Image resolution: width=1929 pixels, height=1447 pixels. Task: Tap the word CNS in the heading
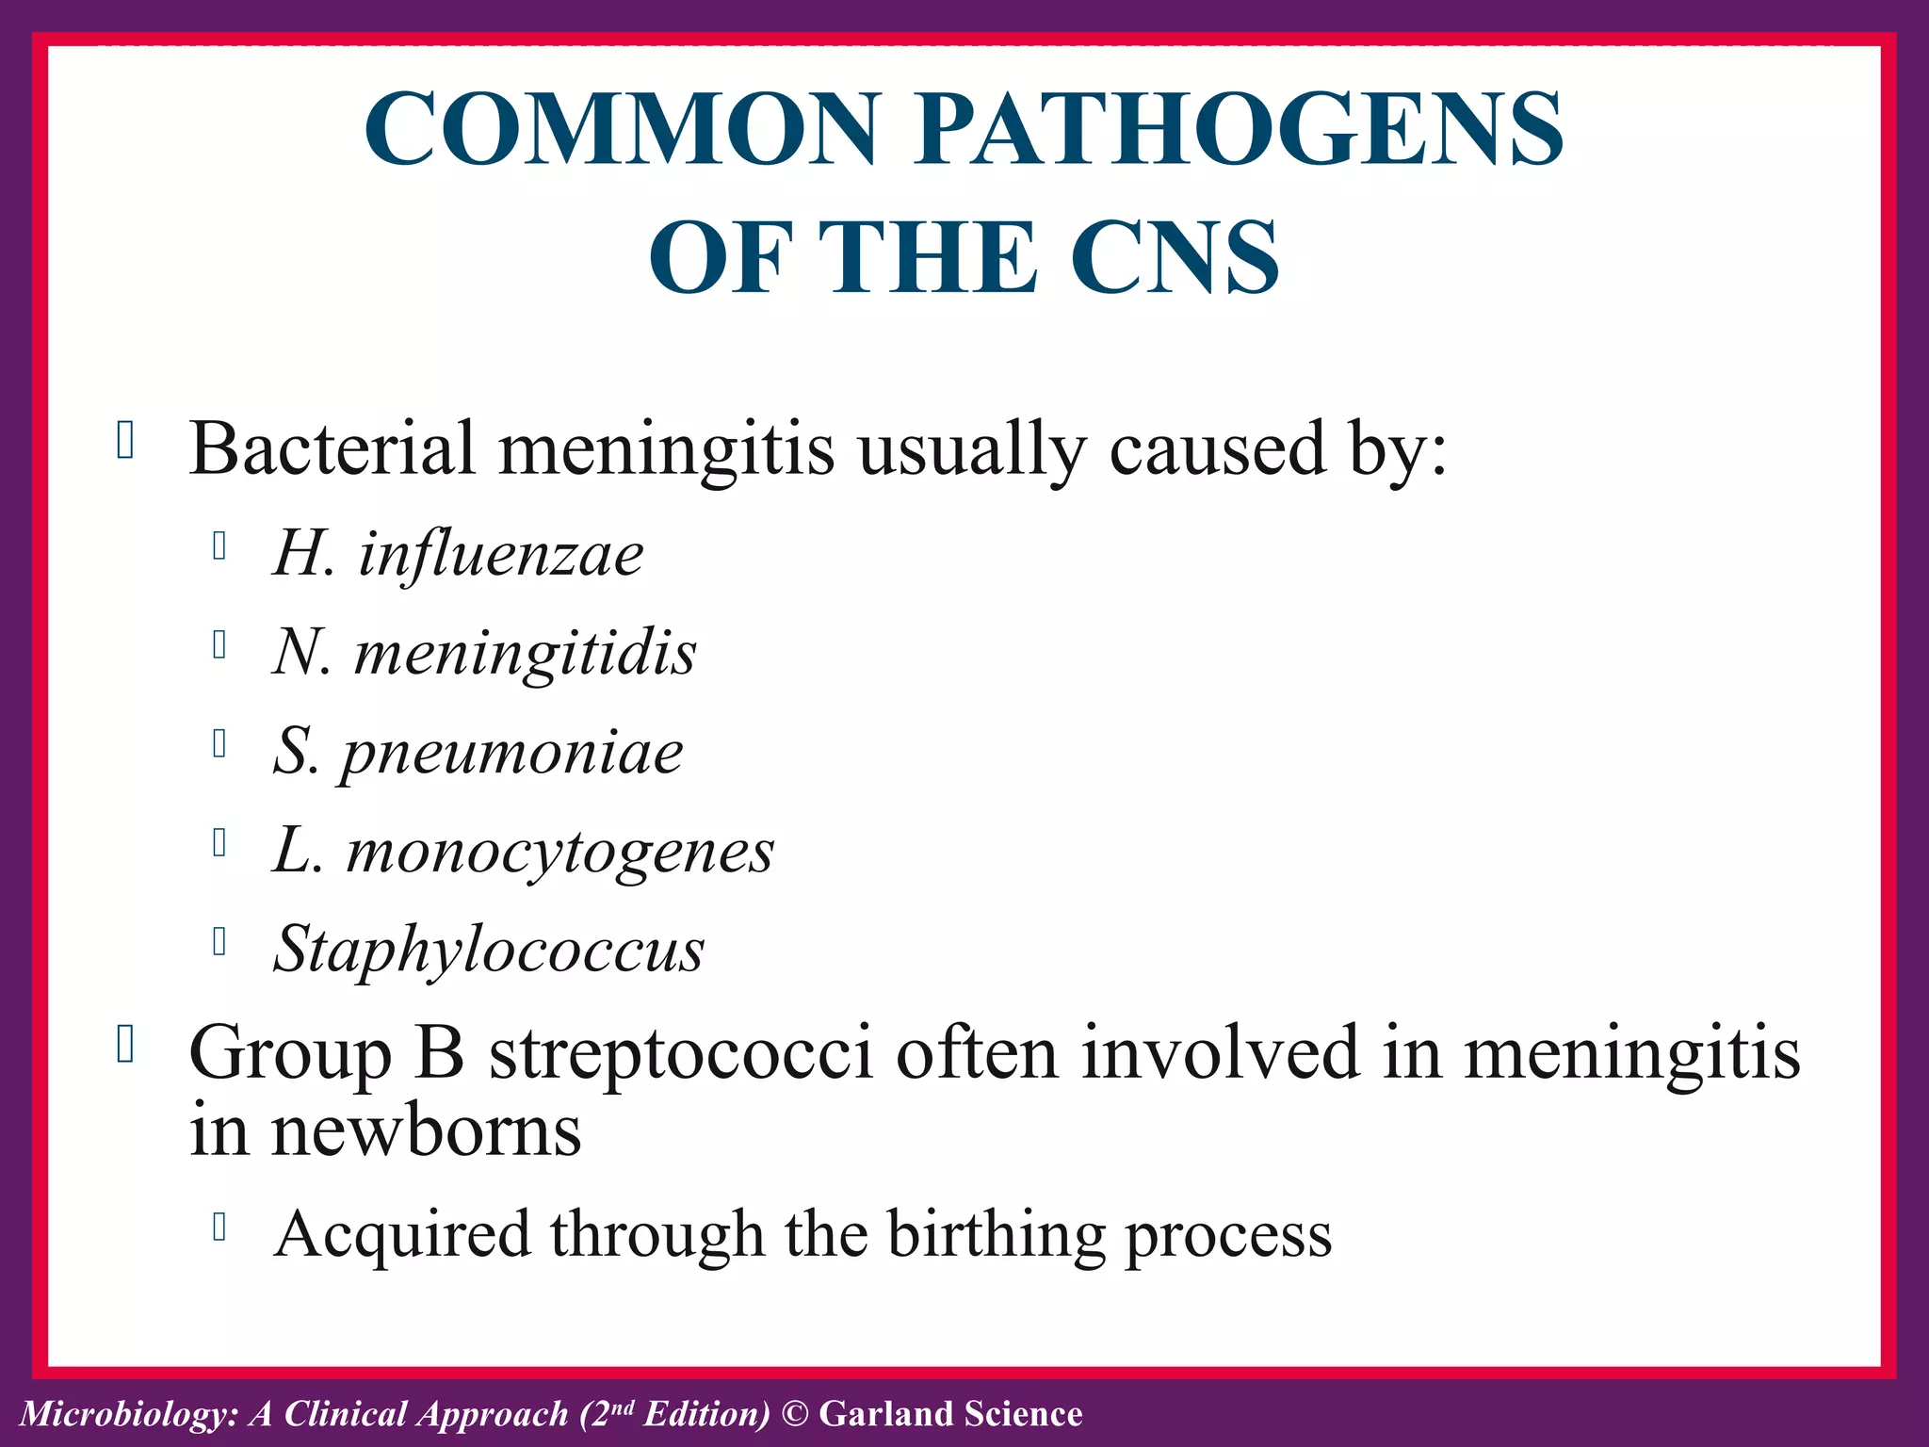1175,257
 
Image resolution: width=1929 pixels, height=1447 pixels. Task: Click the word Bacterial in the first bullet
332,449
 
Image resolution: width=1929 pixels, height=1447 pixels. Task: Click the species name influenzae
500,554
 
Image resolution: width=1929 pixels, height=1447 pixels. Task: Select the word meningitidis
525,654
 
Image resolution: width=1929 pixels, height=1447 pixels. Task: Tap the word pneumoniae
511,754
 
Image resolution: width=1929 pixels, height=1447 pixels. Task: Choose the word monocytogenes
559,853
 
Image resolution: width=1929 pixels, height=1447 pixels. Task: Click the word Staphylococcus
489,950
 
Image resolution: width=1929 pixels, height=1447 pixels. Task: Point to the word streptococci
680,1053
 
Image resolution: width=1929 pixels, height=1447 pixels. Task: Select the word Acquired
402,1235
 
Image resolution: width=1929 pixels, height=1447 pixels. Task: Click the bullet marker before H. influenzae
219,546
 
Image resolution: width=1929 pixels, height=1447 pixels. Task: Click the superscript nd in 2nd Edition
624,1407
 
